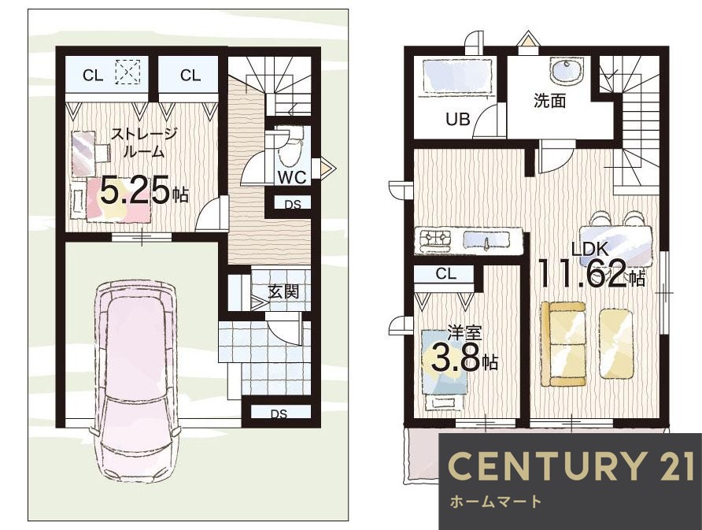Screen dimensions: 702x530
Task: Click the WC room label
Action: point(292,177)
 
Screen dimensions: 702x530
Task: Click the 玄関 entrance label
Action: point(283,292)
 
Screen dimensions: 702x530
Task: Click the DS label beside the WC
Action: point(293,205)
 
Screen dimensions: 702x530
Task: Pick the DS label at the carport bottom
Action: point(279,414)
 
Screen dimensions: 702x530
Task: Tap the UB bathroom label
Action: point(457,119)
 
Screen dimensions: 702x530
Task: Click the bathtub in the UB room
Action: point(458,76)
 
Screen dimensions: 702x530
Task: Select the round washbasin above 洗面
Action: point(567,71)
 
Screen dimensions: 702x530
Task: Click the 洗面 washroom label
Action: point(550,101)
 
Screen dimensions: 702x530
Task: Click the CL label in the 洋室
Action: point(445,274)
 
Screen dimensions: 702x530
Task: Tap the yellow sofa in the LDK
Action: point(563,343)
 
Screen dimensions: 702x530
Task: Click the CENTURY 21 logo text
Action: point(571,466)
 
